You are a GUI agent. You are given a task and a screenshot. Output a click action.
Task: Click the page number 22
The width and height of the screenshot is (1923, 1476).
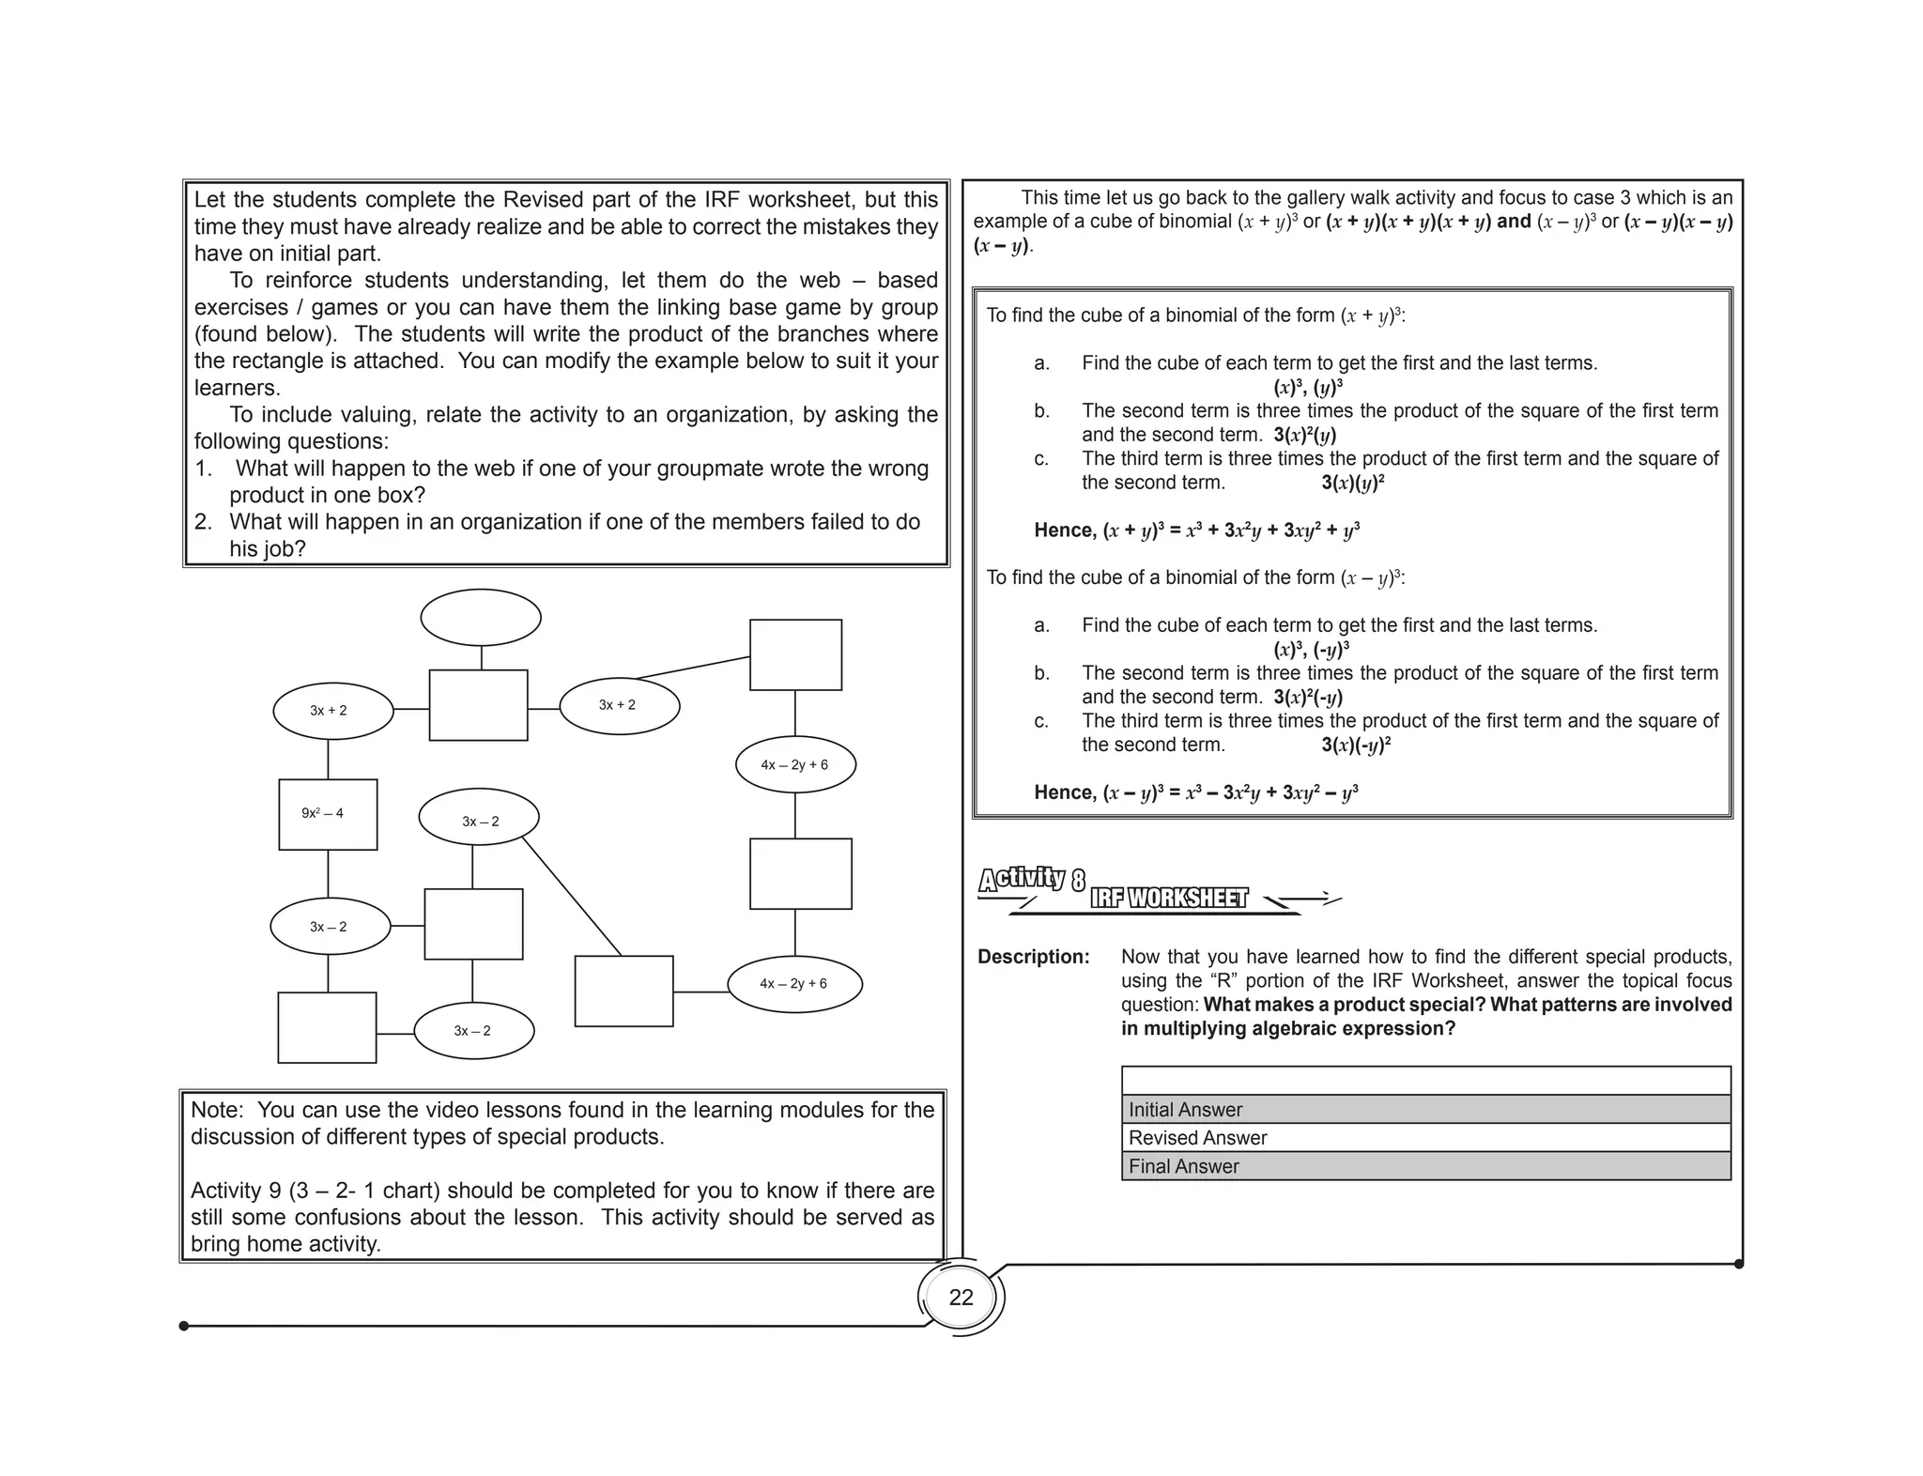pyautogui.click(x=961, y=1298)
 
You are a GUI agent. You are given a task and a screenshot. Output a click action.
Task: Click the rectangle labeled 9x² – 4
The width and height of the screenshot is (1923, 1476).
pyautogui.click(x=328, y=814)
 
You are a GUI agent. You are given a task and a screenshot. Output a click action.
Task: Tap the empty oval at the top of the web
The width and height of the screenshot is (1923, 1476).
pyautogui.click(x=481, y=618)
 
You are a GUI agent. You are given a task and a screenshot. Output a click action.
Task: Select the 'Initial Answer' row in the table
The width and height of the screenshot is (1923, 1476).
pyautogui.click(x=1424, y=1110)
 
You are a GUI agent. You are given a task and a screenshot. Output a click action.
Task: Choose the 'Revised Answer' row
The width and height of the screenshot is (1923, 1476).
pyautogui.click(x=1424, y=1138)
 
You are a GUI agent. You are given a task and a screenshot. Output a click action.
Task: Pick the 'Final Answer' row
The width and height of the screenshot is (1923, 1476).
pyautogui.click(x=1424, y=1166)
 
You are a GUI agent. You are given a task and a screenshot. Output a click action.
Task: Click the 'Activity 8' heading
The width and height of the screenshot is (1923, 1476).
pyautogui.click(x=1031, y=880)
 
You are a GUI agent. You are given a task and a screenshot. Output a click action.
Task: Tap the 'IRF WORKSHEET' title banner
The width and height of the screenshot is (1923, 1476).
pyautogui.click(x=1169, y=899)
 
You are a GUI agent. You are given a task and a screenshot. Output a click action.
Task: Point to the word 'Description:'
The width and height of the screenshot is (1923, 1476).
pyautogui.click(x=1033, y=957)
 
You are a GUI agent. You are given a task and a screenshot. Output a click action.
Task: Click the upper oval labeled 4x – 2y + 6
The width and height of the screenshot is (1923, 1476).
pyautogui.click(x=795, y=765)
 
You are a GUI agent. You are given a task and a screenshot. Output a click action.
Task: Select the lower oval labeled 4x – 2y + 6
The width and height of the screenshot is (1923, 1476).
pyautogui.click(x=794, y=984)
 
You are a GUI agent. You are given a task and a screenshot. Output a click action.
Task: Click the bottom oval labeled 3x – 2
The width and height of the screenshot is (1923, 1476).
pyautogui.click(x=473, y=1031)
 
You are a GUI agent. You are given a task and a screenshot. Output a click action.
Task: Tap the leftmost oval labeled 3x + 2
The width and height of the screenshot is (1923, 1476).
pyautogui.click(x=332, y=711)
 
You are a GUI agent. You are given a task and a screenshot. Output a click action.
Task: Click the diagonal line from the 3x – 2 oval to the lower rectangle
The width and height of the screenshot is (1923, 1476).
pyautogui.click(x=572, y=897)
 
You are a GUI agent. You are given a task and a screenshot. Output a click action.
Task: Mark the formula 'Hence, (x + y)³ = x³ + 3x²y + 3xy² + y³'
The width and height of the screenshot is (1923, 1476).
pyautogui.click(x=1196, y=530)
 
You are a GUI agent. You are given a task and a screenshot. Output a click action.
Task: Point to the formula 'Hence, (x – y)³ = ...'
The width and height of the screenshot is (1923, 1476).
pyautogui.click(x=1195, y=792)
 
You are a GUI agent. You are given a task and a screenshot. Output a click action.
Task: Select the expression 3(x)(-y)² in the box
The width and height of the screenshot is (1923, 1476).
pyautogui.click(x=1355, y=746)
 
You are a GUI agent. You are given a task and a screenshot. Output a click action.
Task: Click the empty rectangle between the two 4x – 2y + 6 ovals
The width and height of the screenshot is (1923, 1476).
pyautogui.click(x=800, y=874)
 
